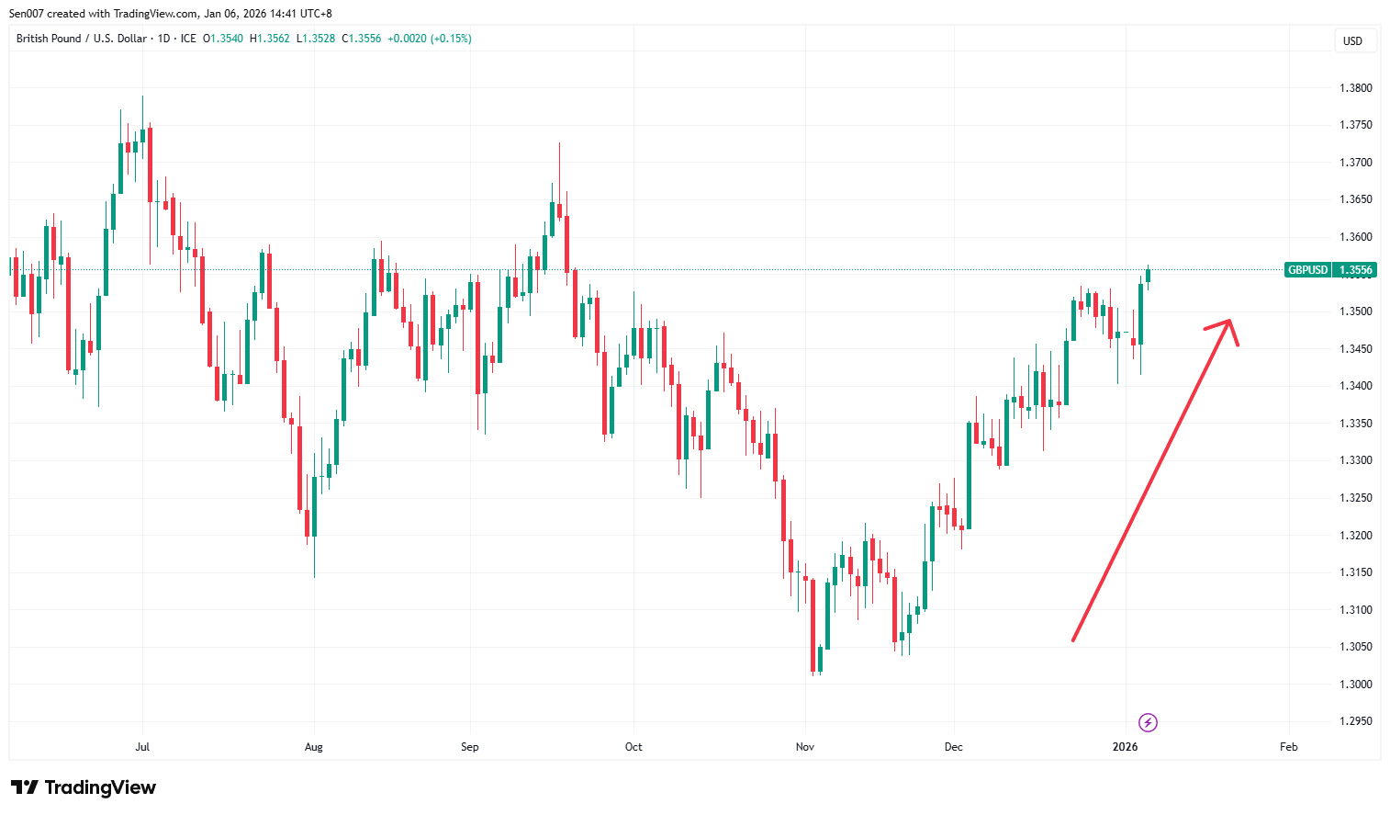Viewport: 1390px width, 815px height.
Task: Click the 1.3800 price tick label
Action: (x=1355, y=88)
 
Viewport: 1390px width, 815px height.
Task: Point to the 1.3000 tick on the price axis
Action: (x=1355, y=685)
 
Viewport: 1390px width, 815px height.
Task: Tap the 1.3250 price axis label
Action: (x=1355, y=498)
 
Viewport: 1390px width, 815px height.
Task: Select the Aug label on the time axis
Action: (x=314, y=747)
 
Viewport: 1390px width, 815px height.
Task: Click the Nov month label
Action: (x=805, y=747)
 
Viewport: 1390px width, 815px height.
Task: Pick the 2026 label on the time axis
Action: (x=1125, y=747)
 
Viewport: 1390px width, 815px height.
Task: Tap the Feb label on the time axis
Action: (x=1289, y=747)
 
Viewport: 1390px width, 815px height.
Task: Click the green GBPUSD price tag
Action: (x=1307, y=270)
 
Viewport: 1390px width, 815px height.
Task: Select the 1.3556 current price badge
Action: (x=1356, y=270)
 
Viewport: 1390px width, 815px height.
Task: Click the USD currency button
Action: (x=1352, y=40)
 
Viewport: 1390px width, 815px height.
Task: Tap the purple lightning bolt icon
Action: (x=1148, y=722)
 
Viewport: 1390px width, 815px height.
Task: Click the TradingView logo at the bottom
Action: (x=84, y=787)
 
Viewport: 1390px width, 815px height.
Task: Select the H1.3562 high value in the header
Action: (x=270, y=39)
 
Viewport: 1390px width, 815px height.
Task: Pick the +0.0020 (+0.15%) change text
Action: (x=430, y=39)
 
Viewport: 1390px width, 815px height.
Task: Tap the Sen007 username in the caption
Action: (x=28, y=14)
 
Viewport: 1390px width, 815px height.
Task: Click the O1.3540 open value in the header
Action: (x=223, y=39)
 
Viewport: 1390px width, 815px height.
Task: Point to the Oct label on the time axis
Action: (x=633, y=747)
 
